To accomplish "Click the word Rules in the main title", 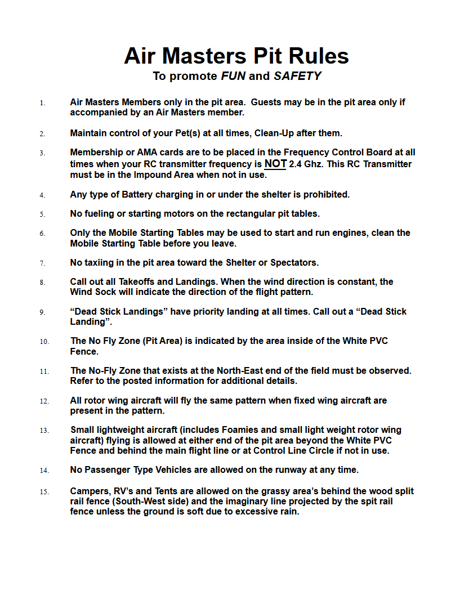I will click(319, 56).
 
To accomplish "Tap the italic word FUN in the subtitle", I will click(233, 76).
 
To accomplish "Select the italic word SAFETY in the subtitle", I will click(297, 76).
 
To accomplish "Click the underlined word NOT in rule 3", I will click(275, 164).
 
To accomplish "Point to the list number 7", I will click(42, 263).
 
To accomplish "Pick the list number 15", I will click(44, 492).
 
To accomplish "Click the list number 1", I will click(42, 103).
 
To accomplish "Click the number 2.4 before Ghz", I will click(296, 164).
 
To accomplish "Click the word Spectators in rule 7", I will click(294, 263).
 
